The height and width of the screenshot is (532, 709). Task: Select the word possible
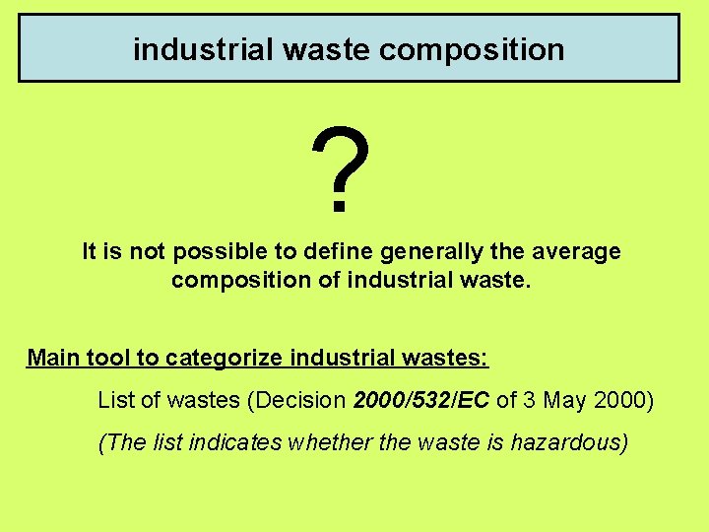(x=213, y=252)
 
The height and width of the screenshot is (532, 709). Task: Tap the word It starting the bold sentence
(x=90, y=252)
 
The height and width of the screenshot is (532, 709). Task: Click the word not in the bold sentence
(x=149, y=252)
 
